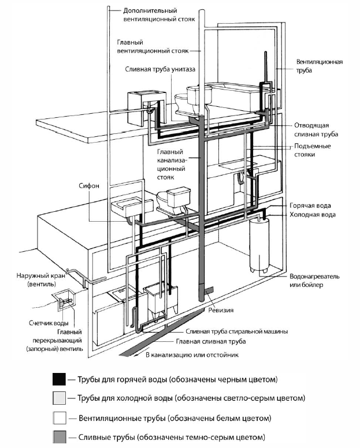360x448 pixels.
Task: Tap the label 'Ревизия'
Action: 222,311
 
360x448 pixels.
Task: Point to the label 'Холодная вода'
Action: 312,214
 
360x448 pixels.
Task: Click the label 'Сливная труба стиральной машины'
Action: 236,332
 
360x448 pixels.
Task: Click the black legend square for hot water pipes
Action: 58,379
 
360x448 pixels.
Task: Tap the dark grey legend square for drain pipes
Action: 58,435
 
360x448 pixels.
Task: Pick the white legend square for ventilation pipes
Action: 58,417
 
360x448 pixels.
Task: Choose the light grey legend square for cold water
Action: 58,398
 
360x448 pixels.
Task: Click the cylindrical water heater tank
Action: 259,246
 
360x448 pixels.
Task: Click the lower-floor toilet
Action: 172,199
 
